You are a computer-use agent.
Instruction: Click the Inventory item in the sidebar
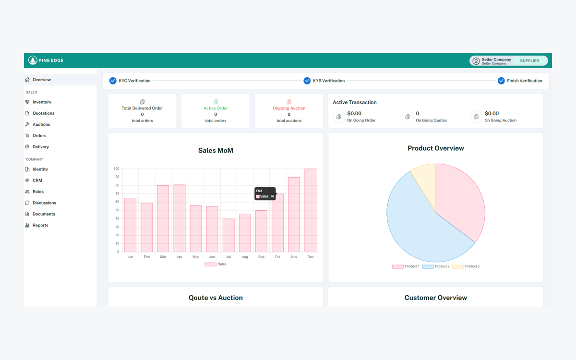[42, 102]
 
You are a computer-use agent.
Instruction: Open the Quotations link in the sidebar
[43, 113]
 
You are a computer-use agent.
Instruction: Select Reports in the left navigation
[40, 225]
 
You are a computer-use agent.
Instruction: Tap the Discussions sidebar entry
[44, 203]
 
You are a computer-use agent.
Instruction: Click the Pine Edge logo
[46, 60]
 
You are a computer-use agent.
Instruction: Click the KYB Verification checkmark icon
[307, 81]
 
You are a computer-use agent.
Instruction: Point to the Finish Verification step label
[524, 81]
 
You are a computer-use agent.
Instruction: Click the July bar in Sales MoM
[228, 235]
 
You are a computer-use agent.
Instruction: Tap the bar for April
[180, 218]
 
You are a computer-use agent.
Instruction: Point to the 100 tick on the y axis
[116, 169]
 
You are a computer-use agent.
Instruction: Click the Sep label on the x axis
[261, 257]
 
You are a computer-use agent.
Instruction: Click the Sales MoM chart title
[216, 151]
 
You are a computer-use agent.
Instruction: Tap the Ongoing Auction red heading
[289, 108]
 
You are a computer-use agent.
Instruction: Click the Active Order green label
[216, 108]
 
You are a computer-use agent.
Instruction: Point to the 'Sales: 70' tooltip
[265, 196]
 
